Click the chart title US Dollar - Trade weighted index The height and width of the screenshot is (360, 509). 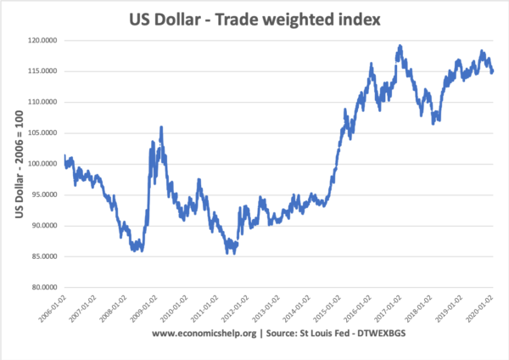point(255,16)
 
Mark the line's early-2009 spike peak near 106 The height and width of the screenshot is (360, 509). point(161,127)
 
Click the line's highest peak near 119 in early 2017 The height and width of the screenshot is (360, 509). point(399,46)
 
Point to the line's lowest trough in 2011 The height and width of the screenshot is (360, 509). point(229,252)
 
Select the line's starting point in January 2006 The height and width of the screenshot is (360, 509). point(64,156)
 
